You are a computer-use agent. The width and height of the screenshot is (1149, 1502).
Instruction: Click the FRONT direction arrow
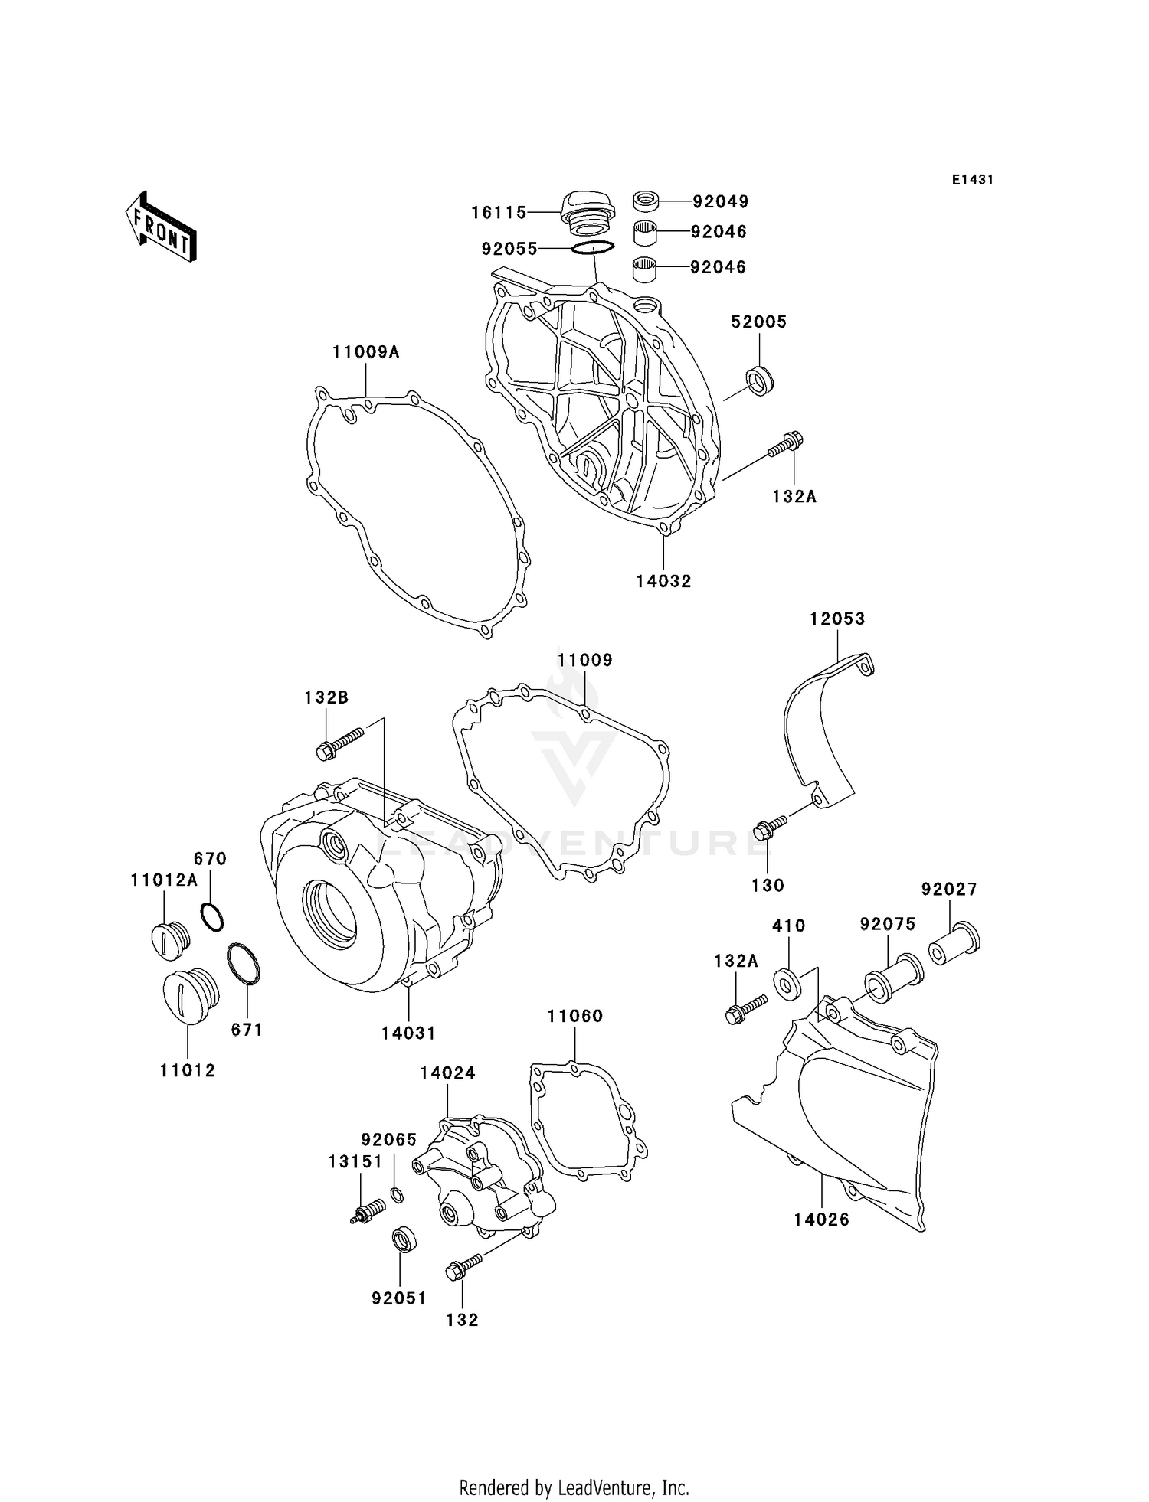tap(162, 228)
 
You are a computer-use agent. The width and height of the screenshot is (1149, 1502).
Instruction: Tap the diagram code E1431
tap(972, 180)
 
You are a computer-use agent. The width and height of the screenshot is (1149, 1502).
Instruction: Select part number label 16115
tap(499, 213)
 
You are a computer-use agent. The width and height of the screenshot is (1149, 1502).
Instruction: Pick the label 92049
tap(720, 201)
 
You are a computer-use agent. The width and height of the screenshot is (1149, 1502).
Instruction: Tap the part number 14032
tap(663, 581)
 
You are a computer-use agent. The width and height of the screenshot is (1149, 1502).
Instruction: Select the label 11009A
tap(365, 352)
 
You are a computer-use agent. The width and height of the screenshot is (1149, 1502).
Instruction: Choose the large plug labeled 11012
tap(191, 996)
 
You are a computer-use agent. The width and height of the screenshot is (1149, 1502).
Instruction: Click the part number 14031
tap(408, 1033)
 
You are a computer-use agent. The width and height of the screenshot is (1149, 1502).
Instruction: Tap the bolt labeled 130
tap(769, 828)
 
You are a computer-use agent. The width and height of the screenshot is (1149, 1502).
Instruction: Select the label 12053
tap(837, 619)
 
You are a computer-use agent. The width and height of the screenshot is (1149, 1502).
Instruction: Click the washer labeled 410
tap(787, 984)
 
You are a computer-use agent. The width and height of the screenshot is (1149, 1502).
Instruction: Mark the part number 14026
tap(821, 1220)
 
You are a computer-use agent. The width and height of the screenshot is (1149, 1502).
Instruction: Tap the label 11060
tap(574, 1016)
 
